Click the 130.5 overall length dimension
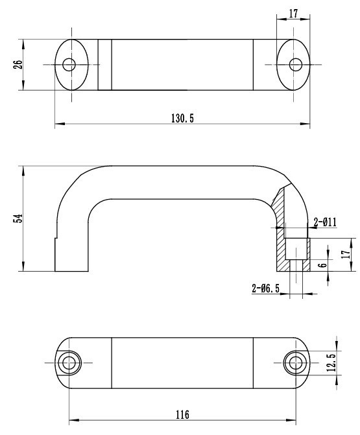point(182,119)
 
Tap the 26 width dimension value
point(18,65)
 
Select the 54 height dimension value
point(18,218)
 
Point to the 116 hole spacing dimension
point(182,415)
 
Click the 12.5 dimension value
point(331,362)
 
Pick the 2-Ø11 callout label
point(325,222)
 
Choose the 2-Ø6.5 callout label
point(266,288)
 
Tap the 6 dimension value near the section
point(322,265)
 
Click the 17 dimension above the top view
point(293,14)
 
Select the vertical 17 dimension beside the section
point(346,254)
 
